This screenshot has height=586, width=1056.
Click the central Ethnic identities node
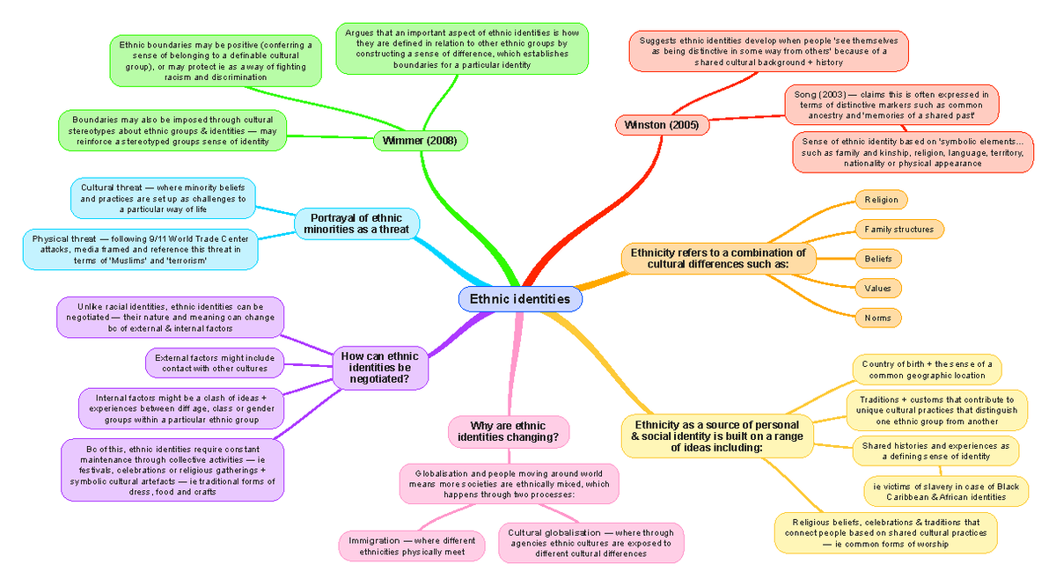coord(520,299)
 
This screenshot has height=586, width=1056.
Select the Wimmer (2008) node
coord(420,141)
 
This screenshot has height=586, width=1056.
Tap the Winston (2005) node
coord(662,125)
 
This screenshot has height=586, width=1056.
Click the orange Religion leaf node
coord(881,200)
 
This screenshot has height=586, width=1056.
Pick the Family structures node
coord(899,229)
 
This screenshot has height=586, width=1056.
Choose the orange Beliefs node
coord(878,259)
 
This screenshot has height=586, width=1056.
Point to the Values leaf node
coord(878,288)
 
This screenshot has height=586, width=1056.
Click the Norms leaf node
coord(878,318)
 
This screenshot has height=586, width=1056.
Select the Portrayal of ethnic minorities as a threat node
coord(356,223)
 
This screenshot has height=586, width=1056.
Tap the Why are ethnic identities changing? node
coord(509,431)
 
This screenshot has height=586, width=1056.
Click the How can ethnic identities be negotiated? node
coord(380,368)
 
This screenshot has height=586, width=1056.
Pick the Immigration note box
coord(412,546)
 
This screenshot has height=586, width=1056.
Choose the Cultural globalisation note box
coord(590,543)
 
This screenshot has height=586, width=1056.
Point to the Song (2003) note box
coord(891,105)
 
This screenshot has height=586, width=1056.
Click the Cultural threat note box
coord(163,198)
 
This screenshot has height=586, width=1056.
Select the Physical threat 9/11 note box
coord(141,249)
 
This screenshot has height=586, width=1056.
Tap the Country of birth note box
coord(927,370)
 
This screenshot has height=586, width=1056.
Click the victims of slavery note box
coord(946,491)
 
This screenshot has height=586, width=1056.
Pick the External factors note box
coord(215,363)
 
